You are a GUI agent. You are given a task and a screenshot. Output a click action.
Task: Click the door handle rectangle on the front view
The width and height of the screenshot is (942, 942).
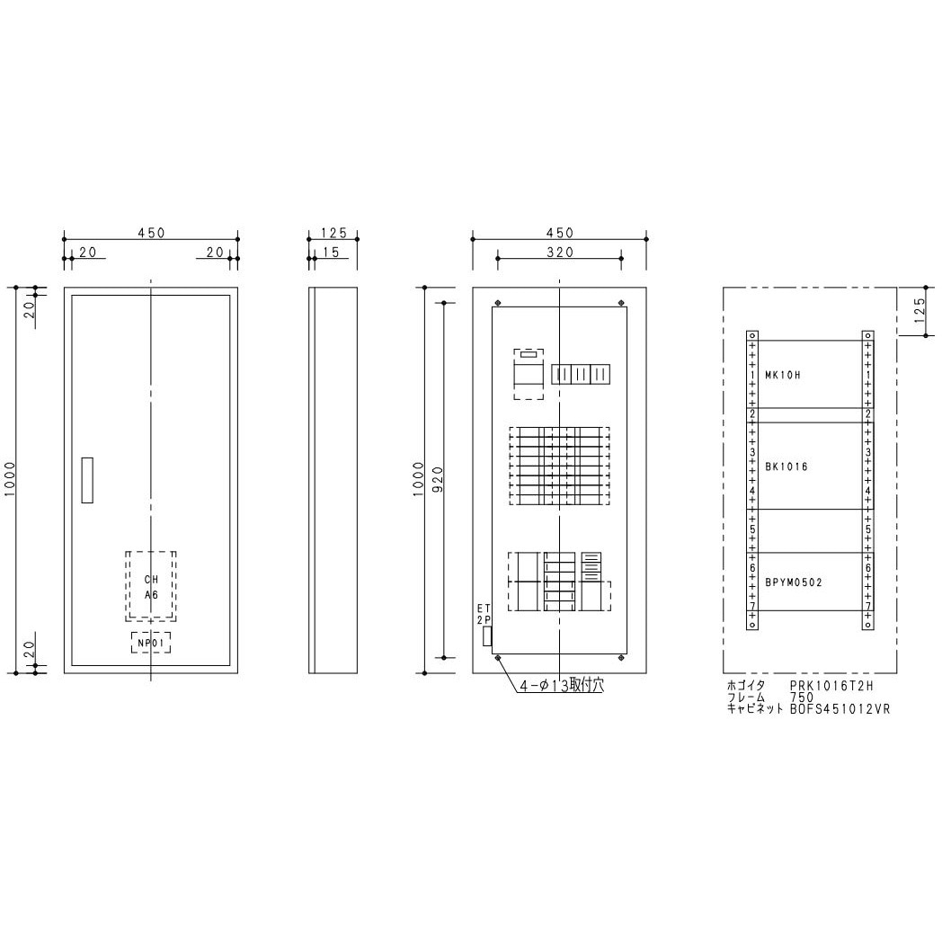(x=86, y=480)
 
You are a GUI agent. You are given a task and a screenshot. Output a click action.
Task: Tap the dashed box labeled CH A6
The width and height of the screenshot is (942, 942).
(x=151, y=585)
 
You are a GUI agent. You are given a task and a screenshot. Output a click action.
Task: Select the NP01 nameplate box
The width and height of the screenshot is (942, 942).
(x=150, y=642)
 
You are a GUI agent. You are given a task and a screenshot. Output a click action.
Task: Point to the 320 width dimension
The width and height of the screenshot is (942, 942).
(x=559, y=253)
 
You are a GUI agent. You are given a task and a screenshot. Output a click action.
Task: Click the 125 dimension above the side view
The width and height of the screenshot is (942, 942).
(x=333, y=233)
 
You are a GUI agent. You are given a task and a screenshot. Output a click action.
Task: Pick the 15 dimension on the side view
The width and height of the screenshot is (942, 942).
(x=330, y=253)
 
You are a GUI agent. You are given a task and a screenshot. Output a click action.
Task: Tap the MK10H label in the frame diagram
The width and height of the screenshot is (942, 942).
(x=782, y=375)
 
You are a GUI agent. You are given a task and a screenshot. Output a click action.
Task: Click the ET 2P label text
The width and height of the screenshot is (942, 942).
(x=484, y=615)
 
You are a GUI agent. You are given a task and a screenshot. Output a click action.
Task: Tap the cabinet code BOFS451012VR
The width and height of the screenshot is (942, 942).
(x=840, y=708)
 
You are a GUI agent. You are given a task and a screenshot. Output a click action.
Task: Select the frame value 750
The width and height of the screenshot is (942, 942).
(x=801, y=698)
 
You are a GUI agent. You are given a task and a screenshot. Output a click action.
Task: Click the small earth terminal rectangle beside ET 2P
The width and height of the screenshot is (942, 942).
(x=487, y=636)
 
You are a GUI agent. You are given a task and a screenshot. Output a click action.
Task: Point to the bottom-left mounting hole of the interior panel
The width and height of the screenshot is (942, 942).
(x=498, y=659)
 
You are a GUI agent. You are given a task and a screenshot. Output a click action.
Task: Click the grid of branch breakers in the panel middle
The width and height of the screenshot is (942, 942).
(x=559, y=467)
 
